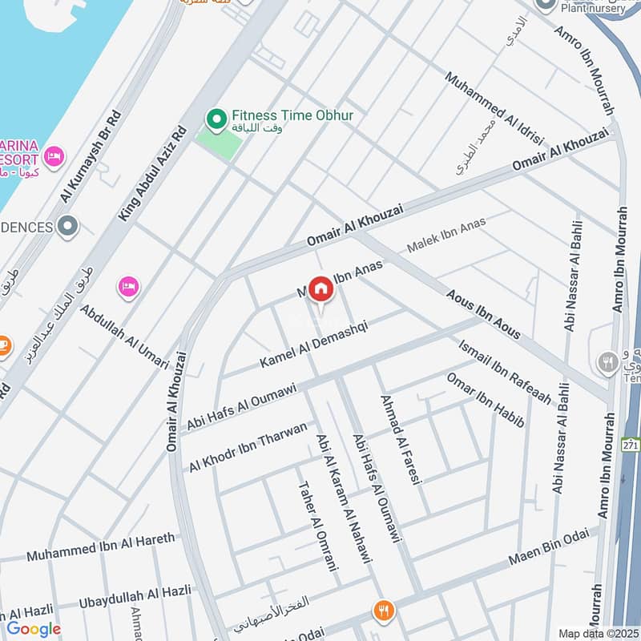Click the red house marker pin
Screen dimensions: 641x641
tap(320, 289)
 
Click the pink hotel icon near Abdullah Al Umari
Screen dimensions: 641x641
tap(128, 286)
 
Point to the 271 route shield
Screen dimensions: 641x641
tap(631, 443)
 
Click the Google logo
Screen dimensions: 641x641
tap(34, 629)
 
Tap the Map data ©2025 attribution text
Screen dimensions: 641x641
tap(599, 633)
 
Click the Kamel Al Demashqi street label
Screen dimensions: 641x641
tap(314, 345)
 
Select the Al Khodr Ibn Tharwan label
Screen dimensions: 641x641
tap(248, 446)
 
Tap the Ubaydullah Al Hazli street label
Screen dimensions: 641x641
tap(135, 596)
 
